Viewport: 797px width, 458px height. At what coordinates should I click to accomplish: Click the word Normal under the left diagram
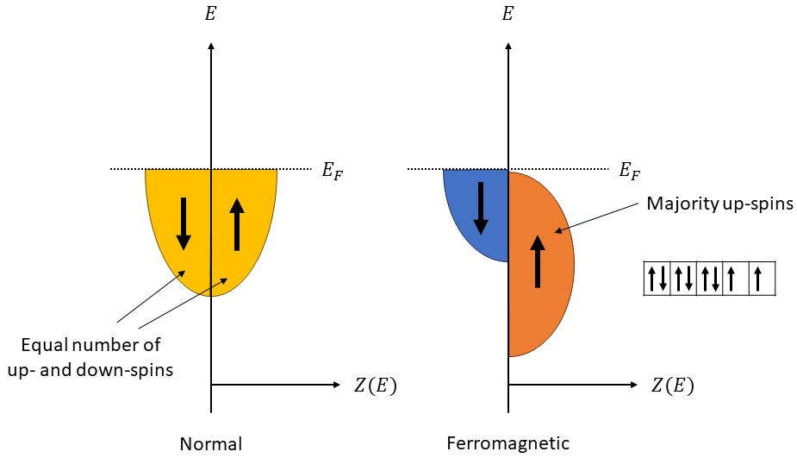(210, 445)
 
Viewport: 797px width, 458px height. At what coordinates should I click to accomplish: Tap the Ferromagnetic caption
(508, 444)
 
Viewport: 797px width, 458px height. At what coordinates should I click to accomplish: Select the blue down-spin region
(470, 216)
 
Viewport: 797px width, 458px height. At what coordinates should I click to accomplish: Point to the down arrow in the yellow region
(184, 223)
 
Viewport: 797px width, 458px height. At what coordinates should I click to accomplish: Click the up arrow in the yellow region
(237, 223)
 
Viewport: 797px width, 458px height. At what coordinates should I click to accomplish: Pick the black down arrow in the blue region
(481, 208)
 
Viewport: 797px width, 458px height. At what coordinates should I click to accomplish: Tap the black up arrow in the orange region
(538, 260)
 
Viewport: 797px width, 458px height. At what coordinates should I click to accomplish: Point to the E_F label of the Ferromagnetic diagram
(630, 171)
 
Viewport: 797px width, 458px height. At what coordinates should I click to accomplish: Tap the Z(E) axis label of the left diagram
(376, 386)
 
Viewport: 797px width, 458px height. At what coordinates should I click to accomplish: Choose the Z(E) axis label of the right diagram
(672, 386)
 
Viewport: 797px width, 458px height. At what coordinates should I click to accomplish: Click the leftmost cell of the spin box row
(657, 279)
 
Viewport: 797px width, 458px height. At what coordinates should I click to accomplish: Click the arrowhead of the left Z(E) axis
(337, 385)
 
